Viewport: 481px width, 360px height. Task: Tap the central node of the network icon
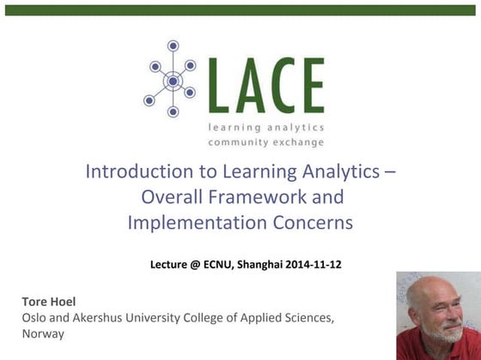tap(173, 81)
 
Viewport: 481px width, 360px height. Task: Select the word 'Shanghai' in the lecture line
tap(259, 264)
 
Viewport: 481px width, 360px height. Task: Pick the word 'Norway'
tap(43, 333)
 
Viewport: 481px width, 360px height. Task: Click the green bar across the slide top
tap(240, 10)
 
